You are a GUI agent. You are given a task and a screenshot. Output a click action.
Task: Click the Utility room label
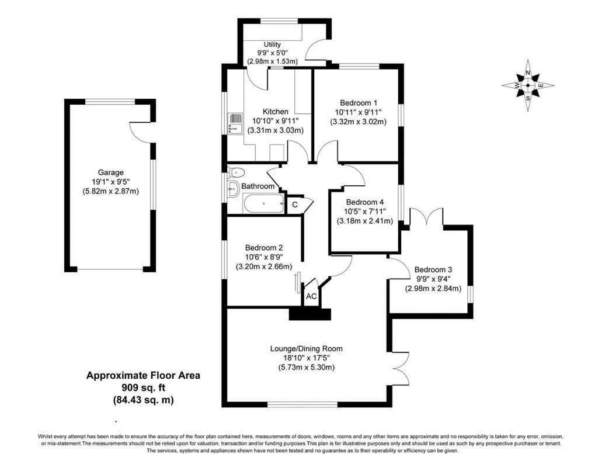coord(272,44)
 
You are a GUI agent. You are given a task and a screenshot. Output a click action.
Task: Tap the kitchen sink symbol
coord(235,124)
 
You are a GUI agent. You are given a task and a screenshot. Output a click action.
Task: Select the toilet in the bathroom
coord(235,172)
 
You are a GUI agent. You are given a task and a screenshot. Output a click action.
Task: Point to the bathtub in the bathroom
coord(263,203)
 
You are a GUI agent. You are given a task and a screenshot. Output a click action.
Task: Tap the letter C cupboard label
coord(295,205)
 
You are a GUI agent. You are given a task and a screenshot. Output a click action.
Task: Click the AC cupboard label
coord(311,296)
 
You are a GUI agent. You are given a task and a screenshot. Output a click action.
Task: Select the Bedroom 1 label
coord(359,103)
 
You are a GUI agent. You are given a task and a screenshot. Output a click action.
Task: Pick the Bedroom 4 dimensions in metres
coord(364,221)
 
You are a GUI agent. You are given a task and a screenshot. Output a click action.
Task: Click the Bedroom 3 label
coord(433,269)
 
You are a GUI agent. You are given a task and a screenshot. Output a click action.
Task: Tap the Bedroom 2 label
coord(264,248)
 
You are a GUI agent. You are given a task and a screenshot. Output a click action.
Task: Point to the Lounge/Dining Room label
coord(306,348)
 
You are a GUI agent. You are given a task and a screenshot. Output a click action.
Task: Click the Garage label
coord(110,172)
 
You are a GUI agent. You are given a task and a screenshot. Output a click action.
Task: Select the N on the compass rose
coord(528,72)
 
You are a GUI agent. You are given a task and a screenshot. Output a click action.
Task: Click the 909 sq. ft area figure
coord(143,388)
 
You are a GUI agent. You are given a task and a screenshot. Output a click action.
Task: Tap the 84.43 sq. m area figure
coord(143,400)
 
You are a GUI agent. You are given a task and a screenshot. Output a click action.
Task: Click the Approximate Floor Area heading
coord(143,375)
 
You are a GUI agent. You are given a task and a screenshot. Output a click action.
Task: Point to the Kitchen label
coord(276,112)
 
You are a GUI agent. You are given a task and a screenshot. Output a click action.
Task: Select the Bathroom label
coord(258,186)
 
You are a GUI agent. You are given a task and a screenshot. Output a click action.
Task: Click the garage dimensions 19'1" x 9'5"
coord(110,182)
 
